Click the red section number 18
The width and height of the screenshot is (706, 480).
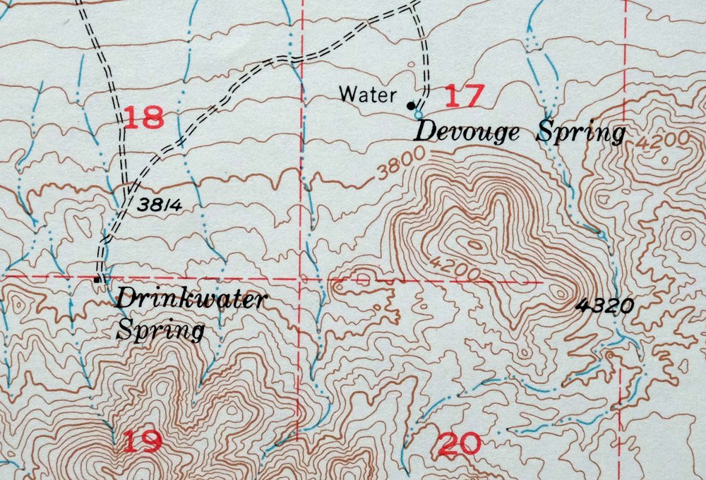coord(144,116)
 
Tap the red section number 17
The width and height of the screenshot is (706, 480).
coord(465,95)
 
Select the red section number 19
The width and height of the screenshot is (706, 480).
coord(143,441)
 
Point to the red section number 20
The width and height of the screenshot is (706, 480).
coord(460,444)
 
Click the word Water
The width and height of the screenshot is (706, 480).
coord(368,93)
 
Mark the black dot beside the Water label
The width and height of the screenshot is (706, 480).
coord(410,106)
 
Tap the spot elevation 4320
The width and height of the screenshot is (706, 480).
coord(605,306)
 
